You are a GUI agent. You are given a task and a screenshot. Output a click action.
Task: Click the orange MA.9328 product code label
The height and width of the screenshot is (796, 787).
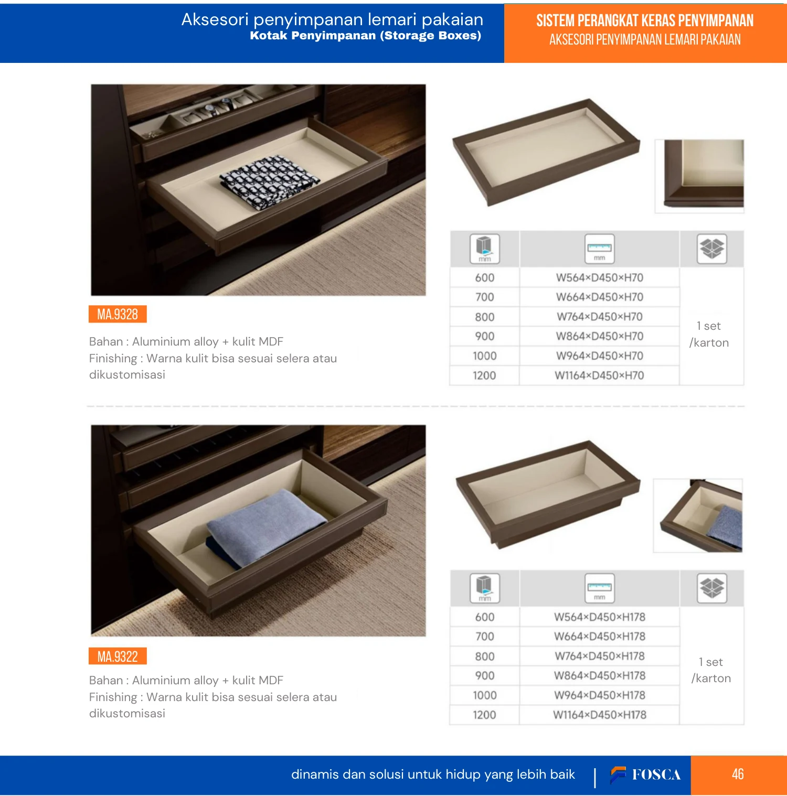118,314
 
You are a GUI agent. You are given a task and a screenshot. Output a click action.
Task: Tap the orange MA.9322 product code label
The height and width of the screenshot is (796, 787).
118,656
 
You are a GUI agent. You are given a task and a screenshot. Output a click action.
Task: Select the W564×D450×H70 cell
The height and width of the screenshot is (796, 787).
600,277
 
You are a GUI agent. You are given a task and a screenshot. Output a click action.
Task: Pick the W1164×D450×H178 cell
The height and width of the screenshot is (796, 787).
600,715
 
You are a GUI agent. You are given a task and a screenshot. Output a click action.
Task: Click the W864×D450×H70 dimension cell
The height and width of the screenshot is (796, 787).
600,336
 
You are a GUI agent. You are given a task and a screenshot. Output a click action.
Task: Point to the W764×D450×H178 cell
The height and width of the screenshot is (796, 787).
600,656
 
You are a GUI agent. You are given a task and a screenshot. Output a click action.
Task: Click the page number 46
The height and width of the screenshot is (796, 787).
738,774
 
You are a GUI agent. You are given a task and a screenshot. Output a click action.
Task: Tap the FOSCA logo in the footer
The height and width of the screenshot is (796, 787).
645,775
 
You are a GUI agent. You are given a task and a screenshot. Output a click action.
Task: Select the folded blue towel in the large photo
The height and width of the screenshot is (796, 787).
265,527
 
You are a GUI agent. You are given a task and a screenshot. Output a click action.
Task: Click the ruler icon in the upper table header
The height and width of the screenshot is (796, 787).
600,249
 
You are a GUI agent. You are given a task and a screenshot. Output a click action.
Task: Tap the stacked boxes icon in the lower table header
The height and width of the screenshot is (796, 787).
712,588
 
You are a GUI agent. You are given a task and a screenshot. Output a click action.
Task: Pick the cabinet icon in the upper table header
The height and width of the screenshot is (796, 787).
485,249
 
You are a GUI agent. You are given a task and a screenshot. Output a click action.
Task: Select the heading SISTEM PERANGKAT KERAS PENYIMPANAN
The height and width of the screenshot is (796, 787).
645,20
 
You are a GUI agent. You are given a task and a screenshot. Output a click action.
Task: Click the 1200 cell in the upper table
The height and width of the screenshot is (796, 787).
484,375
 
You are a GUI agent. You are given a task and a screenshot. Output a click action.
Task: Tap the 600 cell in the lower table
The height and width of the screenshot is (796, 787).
485,617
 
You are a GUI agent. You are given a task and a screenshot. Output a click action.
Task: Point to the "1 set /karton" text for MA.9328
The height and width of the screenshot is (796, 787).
709,334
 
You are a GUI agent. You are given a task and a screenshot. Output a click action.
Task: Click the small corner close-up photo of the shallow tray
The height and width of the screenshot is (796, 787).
699,176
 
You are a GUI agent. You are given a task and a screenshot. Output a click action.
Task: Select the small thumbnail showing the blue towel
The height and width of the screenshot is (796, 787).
698,515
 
